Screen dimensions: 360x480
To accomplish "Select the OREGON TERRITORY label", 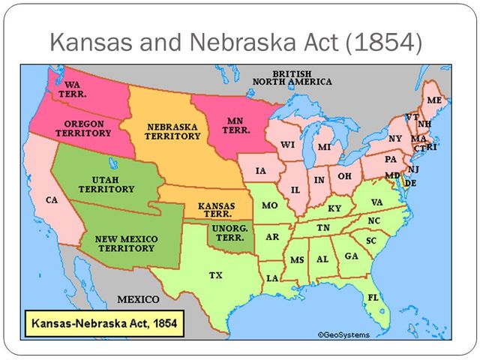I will [x=83, y=128].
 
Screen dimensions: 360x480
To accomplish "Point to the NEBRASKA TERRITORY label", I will [x=173, y=131].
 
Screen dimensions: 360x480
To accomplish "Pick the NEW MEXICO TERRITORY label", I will [x=125, y=243].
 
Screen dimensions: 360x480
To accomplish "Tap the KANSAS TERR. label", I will [x=216, y=209].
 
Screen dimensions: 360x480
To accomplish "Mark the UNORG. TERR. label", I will [x=229, y=232].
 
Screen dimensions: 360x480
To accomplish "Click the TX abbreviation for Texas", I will [x=215, y=275].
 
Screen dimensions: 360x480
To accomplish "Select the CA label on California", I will [x=52, y=200].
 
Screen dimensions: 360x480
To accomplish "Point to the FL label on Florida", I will [x=373, y=298].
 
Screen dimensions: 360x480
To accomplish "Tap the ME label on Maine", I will [x=434, y=100].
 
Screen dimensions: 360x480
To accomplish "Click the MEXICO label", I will [x=139, y=299].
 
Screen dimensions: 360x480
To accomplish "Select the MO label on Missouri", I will [x=269, y=205].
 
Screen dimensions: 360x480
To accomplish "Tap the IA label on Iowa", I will [x=261, y=171].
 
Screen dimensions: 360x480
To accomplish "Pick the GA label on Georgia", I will [x=351, y=256].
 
